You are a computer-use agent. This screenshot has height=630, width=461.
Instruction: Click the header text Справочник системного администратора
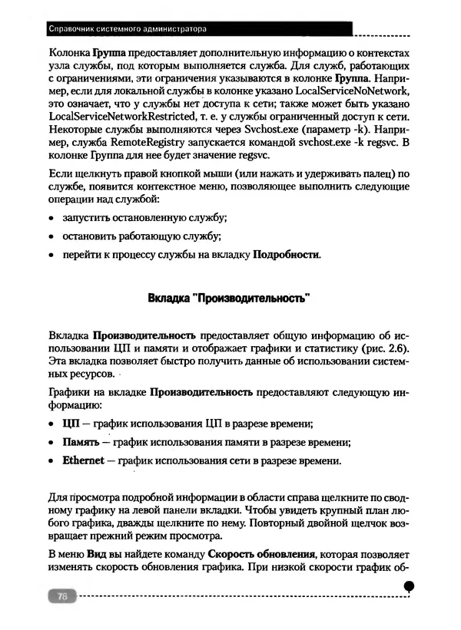[x=128, y=30]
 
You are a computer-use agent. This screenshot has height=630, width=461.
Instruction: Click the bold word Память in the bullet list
[x=81, y=442]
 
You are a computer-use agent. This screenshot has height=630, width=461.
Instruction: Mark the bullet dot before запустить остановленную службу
[x=51, y=219]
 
